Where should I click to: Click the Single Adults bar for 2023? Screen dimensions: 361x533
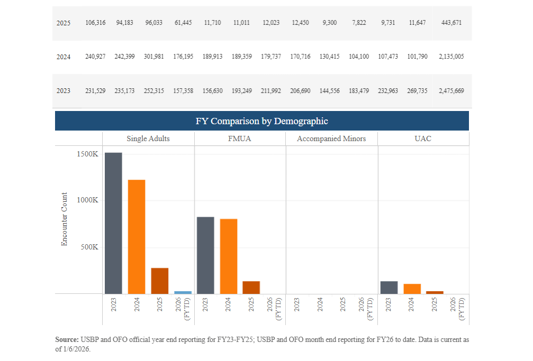[113, 223]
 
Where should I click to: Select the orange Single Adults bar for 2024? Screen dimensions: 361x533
[137, 236]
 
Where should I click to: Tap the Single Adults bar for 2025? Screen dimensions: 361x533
[159, 281]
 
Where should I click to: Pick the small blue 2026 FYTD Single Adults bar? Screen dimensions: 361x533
[183, 292]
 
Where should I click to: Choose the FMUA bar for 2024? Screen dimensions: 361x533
[229, 256]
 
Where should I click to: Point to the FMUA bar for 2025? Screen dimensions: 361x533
[251, 287]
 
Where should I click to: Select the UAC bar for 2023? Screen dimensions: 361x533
[389, 287]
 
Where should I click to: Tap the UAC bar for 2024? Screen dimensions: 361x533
[412, 289]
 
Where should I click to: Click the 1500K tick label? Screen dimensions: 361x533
[87, 154]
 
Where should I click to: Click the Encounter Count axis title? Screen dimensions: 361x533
[65, 219]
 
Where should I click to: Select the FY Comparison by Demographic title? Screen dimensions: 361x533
[261, 121]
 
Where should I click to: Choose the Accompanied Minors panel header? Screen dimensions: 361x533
[331, 138]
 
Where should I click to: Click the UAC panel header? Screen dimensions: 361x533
[423, 138]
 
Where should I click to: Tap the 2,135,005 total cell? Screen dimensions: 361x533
[451, 57]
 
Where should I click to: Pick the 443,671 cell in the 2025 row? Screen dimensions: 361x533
[451, 23]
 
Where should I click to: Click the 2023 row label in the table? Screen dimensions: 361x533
[64, 91]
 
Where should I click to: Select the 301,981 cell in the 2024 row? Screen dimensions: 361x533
[155, 57]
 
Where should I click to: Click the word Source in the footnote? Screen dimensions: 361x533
[66, 339]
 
